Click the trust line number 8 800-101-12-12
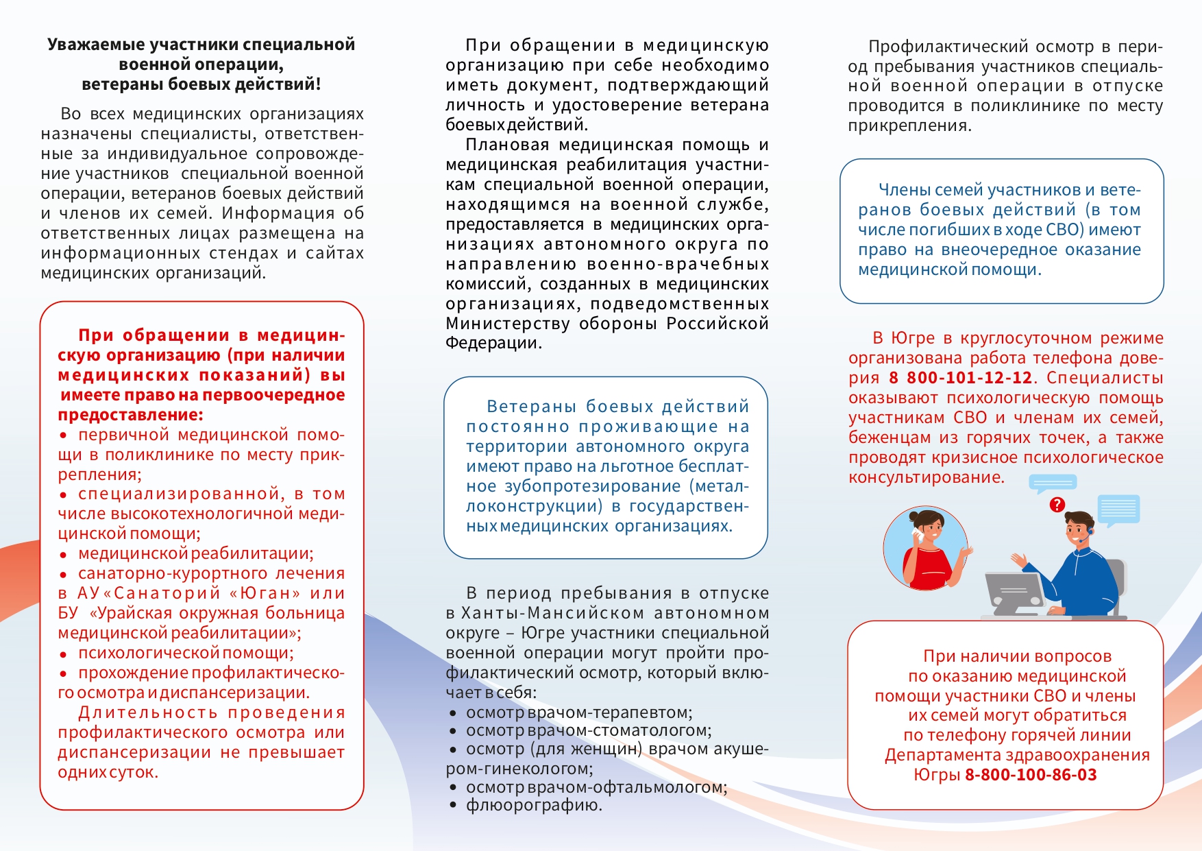click(x=960, y=378)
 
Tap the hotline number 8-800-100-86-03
click(x=1031, y=775)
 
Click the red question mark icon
click(x=1057, y=505)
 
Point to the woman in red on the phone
click(x=927, y=549)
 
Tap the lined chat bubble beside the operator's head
click(x=1118, y=510)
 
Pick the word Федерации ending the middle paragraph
click(x=493, y=343)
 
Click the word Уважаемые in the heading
click(x=96, y=45)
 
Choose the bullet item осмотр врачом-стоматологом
click(x=589, y=730)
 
